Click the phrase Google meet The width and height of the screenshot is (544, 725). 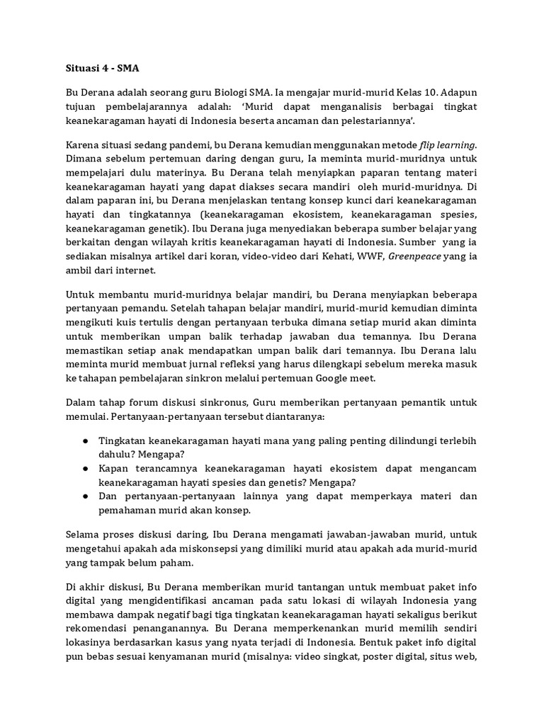344,378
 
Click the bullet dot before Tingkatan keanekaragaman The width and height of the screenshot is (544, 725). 84,440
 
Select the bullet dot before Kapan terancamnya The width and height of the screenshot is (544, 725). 84,468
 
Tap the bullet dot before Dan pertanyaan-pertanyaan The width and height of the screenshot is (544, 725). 84,496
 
